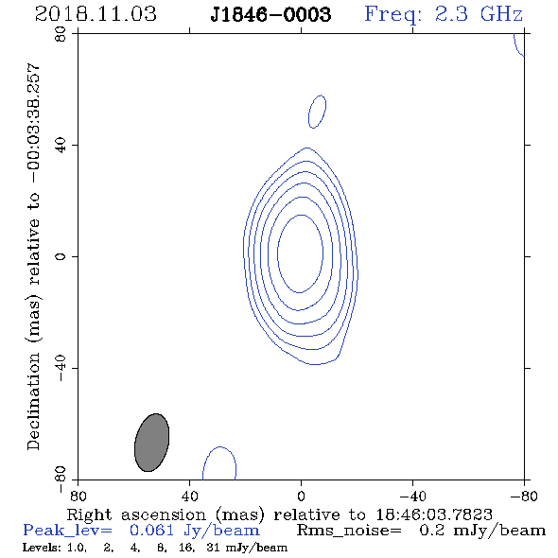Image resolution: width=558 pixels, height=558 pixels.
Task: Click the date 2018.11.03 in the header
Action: coord(96,14)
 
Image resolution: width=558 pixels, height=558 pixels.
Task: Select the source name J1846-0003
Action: coord(270,14)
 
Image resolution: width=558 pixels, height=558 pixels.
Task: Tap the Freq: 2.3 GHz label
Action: coord(444,14)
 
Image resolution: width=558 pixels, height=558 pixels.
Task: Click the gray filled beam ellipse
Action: coord(151,443)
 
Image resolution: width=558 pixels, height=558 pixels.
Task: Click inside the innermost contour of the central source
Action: coord(301,253)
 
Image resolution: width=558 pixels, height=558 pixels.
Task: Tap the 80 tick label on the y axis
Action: coord(61,34)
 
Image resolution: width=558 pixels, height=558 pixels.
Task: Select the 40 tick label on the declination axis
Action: coord(61,146)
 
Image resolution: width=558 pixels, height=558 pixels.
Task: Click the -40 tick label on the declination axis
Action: coord(61,368)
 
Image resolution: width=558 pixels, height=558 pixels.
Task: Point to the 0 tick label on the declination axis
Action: coord(61,256)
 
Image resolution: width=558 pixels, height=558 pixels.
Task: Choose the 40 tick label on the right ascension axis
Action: coord(189,496)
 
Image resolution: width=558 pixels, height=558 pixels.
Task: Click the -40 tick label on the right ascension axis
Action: coord(412,496)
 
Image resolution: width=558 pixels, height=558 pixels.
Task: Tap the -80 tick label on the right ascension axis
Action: coord(524,496)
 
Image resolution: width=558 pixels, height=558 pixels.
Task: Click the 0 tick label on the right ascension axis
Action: coord(301,496)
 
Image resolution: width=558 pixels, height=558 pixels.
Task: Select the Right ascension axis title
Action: coord(279,514)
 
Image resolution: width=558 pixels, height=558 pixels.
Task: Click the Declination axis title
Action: coord(33,256)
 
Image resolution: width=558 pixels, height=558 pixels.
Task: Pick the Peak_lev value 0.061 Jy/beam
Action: coord(194,531)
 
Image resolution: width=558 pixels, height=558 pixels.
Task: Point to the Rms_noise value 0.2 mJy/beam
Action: coord(482,531)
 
